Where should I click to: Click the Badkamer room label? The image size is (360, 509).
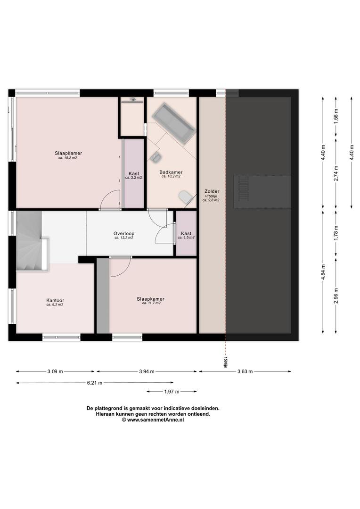coord(171,172)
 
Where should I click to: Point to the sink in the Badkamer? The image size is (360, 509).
coord(155,157)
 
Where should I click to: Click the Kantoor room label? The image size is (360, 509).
coord(55,300)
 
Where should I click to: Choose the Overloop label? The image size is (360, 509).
coord(123,233)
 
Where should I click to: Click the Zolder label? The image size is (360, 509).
coord(212,191)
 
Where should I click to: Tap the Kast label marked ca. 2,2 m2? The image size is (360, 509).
coord(134,173)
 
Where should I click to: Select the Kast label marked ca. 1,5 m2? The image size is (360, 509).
coord(186,233)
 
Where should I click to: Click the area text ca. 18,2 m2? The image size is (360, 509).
coord(68,158)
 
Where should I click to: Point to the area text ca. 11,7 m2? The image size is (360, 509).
coord(151,303)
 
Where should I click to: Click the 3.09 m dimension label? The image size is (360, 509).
coord(55,371)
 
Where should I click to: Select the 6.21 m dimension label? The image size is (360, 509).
coord(94,383)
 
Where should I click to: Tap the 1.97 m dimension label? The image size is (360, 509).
coord(172,392)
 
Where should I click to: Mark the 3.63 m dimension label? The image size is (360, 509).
coord(245,371)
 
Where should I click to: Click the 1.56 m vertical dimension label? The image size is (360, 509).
coord(336,116)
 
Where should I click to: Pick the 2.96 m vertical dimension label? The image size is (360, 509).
coord(336,296)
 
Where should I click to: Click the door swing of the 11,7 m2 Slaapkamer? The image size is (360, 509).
coord(121,267)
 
